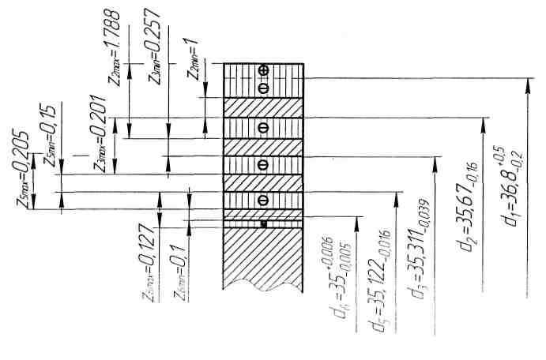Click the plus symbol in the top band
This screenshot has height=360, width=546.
(x=264, y=71)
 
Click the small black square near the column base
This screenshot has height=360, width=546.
(x=264, y=225)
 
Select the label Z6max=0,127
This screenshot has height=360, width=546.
(x=144, y=265)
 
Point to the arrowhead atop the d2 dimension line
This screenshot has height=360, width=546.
(x=484, y=123)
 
